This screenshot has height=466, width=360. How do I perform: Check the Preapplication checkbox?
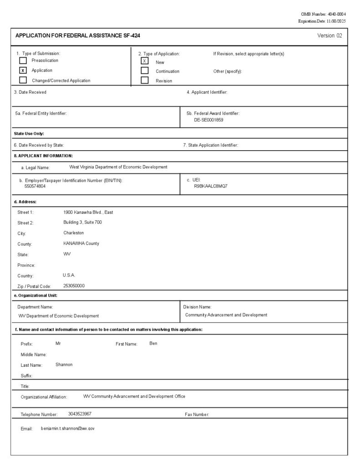23,61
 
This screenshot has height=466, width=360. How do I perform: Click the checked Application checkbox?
23,71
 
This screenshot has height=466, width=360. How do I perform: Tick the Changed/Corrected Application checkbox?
23,81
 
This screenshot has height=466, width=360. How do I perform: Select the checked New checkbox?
145,61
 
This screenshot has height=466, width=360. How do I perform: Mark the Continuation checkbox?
145,71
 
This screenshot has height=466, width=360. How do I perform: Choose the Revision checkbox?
145,81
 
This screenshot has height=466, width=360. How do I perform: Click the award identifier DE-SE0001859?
208,120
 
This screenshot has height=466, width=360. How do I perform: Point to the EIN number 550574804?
35,186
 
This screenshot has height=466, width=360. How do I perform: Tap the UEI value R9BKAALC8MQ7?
211,186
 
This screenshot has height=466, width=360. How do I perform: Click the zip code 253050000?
74,286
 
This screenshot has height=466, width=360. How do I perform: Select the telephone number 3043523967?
80,414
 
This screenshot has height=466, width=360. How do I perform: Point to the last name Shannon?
64,365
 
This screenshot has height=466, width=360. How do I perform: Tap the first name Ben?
153,343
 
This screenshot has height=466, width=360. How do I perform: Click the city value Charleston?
74,233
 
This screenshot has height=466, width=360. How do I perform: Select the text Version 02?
330,35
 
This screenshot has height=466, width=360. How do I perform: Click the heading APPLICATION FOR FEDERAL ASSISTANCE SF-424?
78,35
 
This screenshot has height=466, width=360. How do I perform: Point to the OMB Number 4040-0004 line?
324,15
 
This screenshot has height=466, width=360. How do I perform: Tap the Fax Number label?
197,415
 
